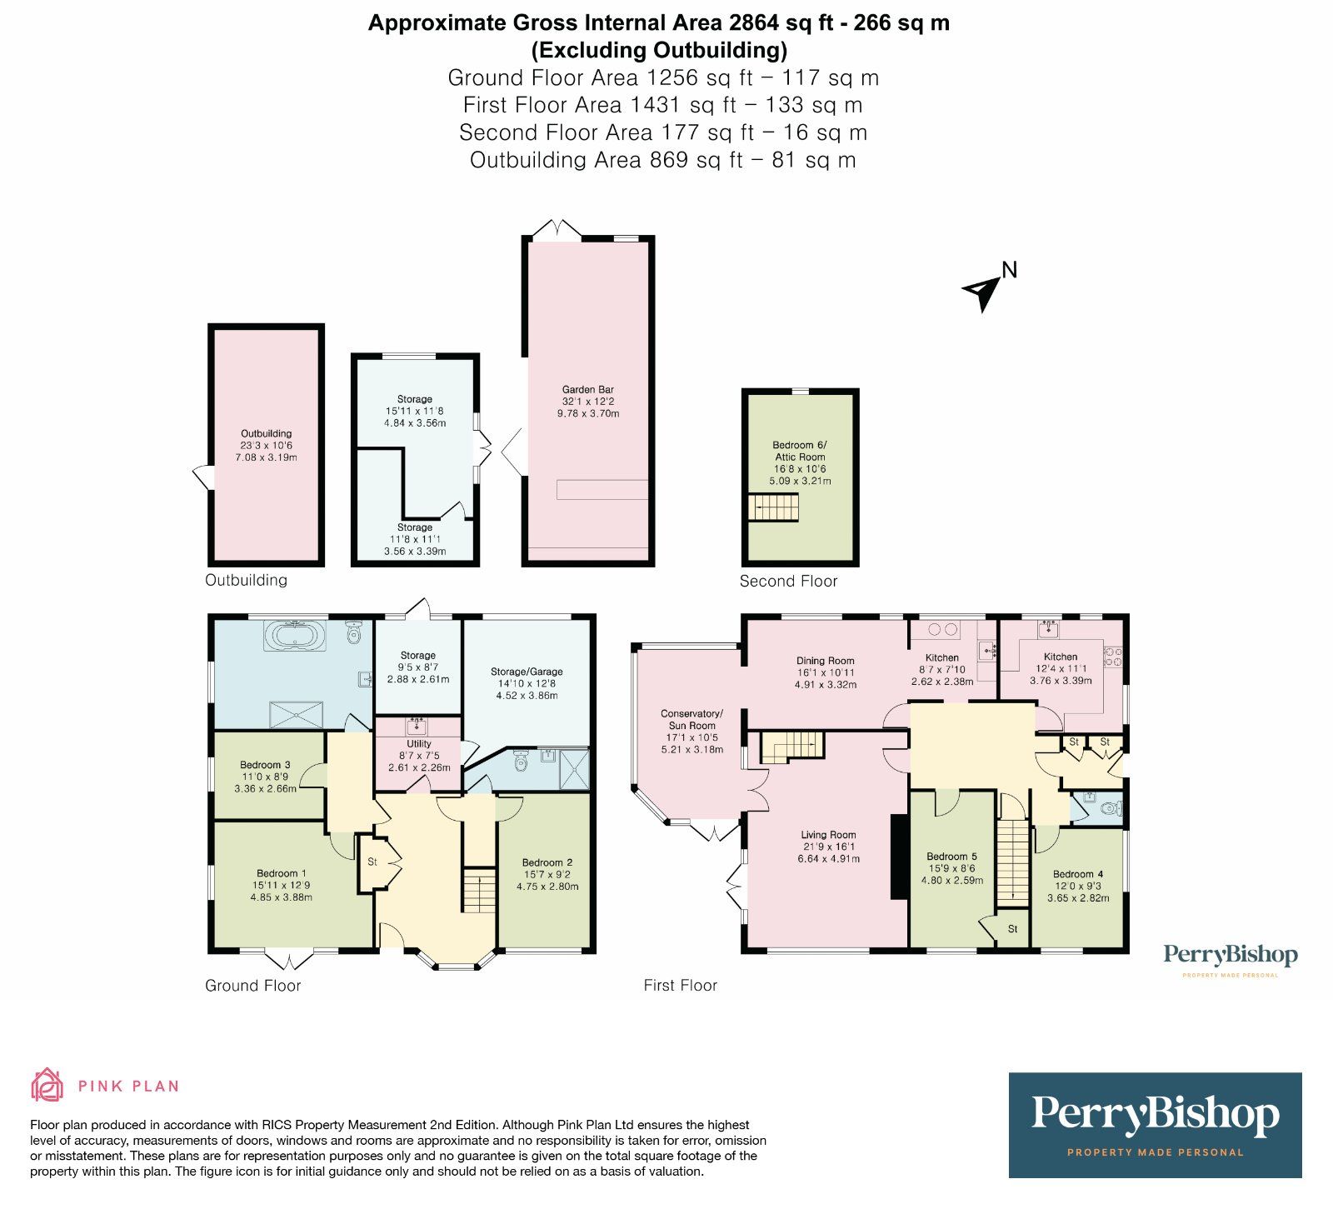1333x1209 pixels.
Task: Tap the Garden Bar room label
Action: click(588, 390)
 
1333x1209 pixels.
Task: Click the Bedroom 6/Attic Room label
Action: click(800, 451)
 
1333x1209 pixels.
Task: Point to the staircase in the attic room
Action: click(772, 507)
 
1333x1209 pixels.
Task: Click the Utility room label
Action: click(419, 743)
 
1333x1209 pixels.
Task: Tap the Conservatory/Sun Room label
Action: click(691, 719)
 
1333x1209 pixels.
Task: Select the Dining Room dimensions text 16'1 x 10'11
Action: click(825, 672)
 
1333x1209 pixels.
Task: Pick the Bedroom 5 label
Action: click(951, 857)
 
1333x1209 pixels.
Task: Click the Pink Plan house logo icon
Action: click(47, 1085)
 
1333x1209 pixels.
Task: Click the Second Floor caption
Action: click(788, 582)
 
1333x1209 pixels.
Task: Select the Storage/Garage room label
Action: click(527, 672)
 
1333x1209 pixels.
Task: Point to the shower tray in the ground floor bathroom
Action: click(296, 714)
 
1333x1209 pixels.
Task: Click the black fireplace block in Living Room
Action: click(899, 857)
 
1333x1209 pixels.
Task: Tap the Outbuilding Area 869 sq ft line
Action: click(662, 160)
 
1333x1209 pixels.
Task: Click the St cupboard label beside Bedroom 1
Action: click(372, 862)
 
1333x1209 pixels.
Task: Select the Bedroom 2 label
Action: click(547, 862)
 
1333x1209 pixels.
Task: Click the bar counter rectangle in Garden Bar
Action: click(602, 489)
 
